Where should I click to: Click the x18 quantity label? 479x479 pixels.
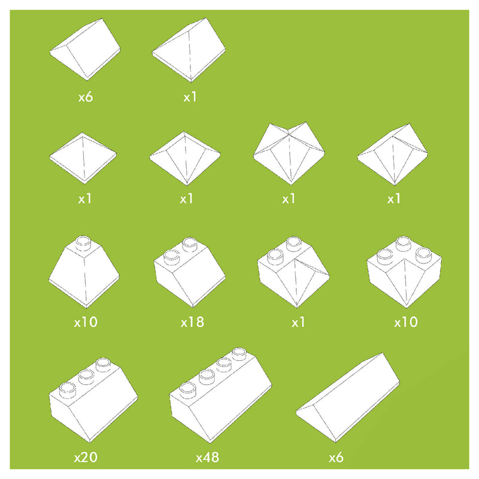pyautogui.click(x=192, y=322)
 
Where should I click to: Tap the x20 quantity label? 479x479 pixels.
pyautogui.click(x=86, y=457)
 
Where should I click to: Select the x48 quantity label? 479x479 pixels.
pyautogui.click(x=207, y=457)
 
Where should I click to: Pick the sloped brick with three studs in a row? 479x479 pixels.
pyautogui.click(x=93, y=399)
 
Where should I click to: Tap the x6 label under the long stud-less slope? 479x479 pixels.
pyautogui.click(x=336, y=457)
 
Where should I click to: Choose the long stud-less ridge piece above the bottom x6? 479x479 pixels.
pyautogui.click(x=348, y=397)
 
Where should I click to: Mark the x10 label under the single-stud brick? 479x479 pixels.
pyautogui.click(x=86, y=322)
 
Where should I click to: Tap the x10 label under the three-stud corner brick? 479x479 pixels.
pyautogui.click(x=406, y=322)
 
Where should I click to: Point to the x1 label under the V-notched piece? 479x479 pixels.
pyautogui.click(x=289, y=199)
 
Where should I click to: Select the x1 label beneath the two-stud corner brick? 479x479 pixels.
pyautogui.click(x=298, y=322)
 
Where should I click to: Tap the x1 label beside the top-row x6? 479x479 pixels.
pyautogui.click(x=190, y=97)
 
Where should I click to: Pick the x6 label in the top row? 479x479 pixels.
pyautogui.click(x=86, y=97)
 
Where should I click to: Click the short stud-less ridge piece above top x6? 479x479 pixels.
pyautogui.click(x=85, y=50)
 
